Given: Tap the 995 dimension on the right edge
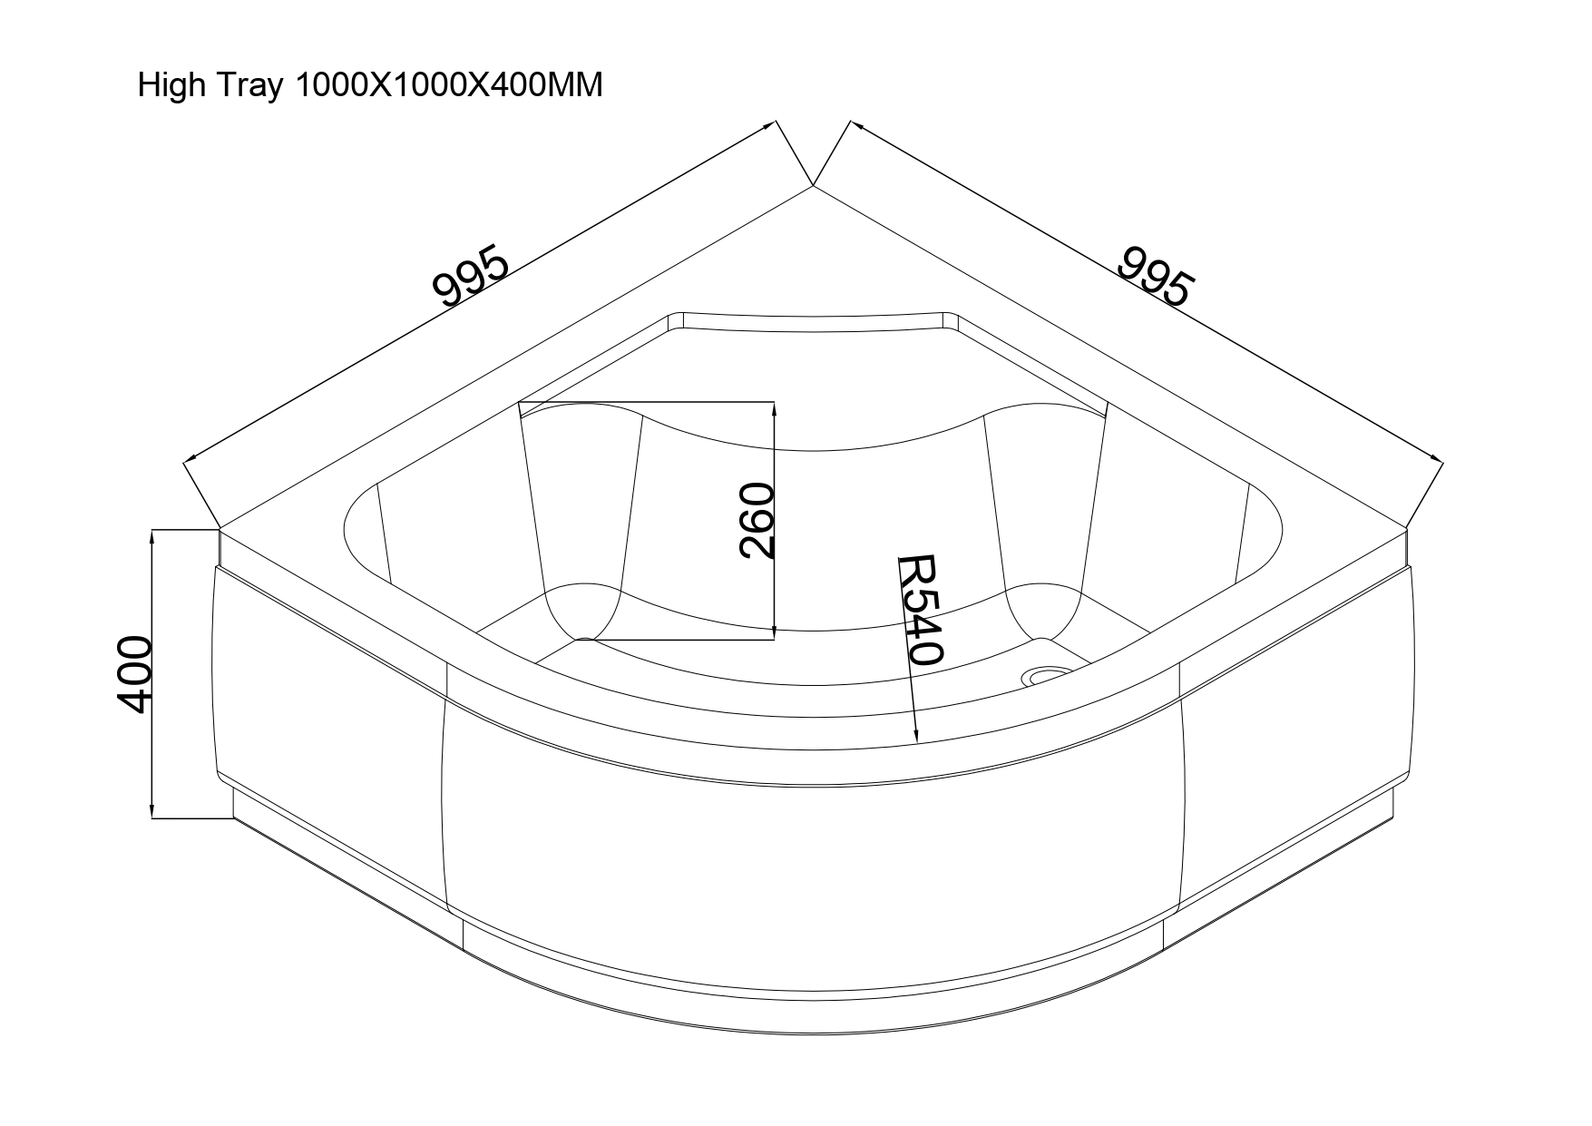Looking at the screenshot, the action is [x=1155, y=274].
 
